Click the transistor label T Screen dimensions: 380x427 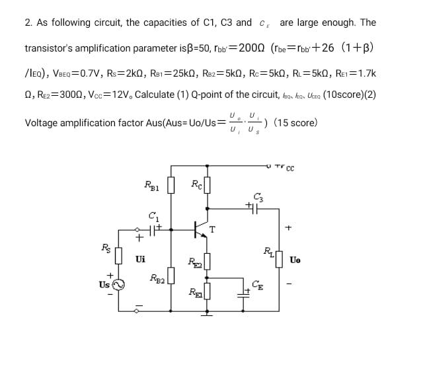[x=212, y=229]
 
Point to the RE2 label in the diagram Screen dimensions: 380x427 [x=193, y=262]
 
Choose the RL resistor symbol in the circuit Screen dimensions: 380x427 [x=277, y=254]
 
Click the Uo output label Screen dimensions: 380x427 [x=295, y=260]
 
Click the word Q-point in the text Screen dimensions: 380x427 [x=209, y=93]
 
